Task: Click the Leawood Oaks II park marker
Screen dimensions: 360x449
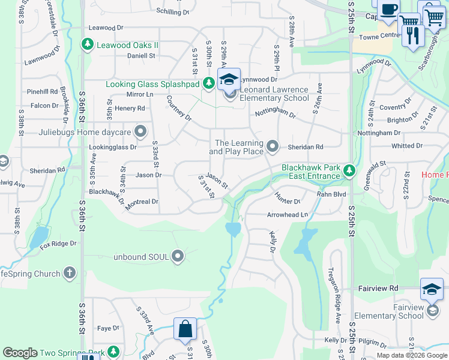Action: coord(88,44)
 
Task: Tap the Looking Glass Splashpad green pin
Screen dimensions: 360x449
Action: coord(208,83)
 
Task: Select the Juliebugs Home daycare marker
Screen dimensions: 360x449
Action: coord(140,131)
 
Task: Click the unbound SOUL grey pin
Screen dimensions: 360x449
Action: coord(178,256)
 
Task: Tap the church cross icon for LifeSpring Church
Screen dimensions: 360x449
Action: coord(70,274)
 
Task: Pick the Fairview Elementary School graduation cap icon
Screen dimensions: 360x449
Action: coord(432,290)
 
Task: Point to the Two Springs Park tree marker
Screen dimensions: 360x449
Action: coord(112,352)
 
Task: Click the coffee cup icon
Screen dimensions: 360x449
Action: coord(388,9)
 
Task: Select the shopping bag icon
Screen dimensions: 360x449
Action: coord(185,329)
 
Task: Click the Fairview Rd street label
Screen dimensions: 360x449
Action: coord(378,289)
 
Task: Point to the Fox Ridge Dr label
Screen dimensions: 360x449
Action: coord(58,244)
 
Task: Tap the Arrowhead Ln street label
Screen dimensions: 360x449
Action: coord(287,214)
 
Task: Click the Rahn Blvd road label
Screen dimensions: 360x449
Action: coord(332,194)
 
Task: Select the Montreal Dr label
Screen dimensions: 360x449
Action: coord(142,202)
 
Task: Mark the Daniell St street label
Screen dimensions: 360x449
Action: coord(141,55)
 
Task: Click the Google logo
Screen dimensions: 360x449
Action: coord(20,353)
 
